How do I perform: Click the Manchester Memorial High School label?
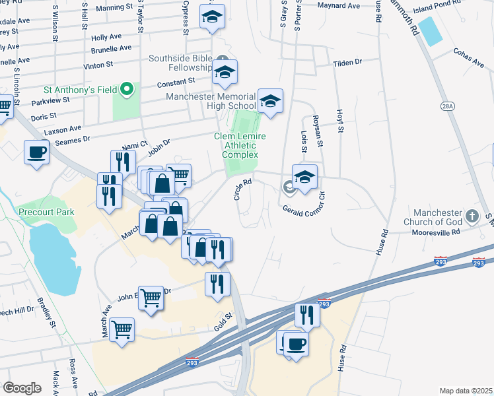coord(211,101)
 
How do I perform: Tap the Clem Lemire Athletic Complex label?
coord(240,145)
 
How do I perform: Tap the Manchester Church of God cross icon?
coord(472,216)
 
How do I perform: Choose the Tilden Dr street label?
coord(348,61)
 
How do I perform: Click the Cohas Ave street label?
coord(468,57)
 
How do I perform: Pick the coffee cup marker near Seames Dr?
coord(37,152)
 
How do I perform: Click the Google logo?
coord(22,388)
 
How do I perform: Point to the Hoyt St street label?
coord(340,121)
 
